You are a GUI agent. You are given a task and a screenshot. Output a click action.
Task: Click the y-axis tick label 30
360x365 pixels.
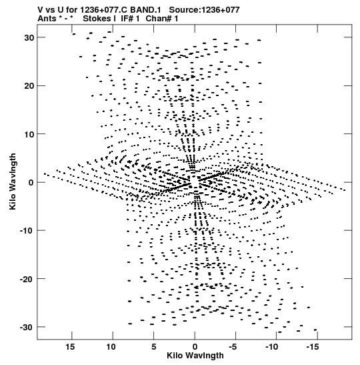(29, 38)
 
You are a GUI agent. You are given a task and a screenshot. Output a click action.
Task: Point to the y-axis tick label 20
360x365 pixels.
(29, 86)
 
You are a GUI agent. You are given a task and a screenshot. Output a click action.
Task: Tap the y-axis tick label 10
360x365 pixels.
(29, 134)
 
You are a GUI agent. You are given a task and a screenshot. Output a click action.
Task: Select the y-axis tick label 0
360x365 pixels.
(31, 183)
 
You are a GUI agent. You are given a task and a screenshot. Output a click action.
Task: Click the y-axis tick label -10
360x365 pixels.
(27, 231)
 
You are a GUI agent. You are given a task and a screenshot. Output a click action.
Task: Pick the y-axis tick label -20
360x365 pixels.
(27, 279)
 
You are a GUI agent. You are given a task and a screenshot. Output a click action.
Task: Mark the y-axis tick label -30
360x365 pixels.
(27, 327)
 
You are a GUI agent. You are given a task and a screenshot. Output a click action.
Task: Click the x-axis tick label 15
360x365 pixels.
(70, 347)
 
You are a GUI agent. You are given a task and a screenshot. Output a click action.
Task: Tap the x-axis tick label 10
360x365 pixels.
(111, 347)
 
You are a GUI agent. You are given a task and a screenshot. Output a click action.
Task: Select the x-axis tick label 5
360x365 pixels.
(154, 347)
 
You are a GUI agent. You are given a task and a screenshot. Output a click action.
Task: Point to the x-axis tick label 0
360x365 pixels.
(195, 347)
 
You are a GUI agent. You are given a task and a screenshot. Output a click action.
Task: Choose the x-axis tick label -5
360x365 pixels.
(233, 347)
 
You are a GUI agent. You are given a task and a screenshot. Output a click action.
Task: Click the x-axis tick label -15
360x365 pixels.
(313, 347)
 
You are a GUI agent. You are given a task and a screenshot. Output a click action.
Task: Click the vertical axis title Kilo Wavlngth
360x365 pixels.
(13, 181)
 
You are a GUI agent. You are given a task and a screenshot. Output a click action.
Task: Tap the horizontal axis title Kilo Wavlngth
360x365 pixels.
(195, 356)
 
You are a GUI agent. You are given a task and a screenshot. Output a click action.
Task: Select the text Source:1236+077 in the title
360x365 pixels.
(204, 10)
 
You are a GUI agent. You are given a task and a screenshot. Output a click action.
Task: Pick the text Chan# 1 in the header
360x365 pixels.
(162, 19)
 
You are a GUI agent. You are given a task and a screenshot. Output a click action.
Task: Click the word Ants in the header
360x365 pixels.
(47, 19)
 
